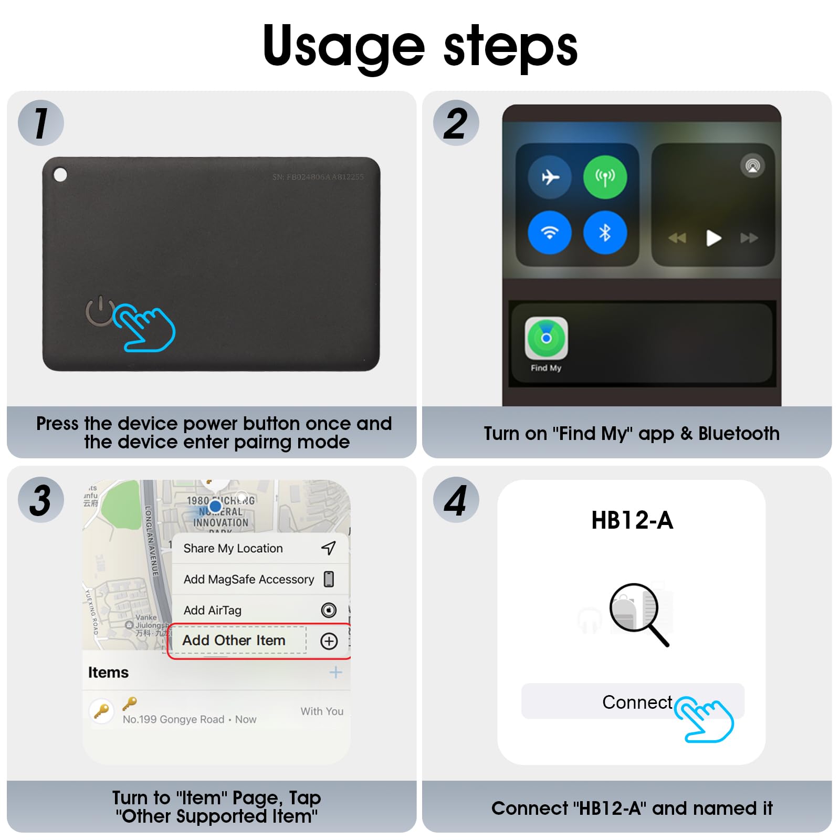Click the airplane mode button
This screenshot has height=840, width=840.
[550, 177]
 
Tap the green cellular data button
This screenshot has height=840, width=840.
[605, 177]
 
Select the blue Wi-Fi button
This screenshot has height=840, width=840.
[550, 233]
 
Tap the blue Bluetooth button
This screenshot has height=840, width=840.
[605, 233]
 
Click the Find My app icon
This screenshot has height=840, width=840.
[546, 338]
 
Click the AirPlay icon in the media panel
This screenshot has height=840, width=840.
[752, 166]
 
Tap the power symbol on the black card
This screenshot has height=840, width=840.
[99, 311]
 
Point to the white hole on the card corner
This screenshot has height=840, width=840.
[60, 174]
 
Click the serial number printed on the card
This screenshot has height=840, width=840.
[318, 177]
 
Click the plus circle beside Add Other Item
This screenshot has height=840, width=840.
[329, 641]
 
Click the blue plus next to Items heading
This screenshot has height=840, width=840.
[335, 672]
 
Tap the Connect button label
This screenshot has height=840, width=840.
[636, 702]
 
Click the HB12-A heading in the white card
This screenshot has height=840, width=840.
[632, 520]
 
